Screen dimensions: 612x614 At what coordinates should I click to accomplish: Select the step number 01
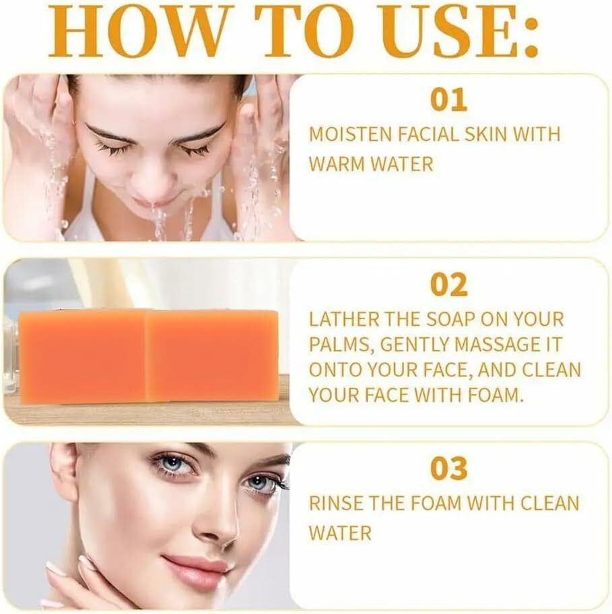pyautogui.click(x=448, y=100)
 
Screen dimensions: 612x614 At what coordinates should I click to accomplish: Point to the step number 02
pyautogui.click(x=448, y=285)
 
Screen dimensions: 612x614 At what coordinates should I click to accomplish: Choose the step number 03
pyautogui.click(x=448, y=469)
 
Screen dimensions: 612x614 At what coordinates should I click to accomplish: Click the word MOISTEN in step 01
pyautogui.click(x=350, y=135)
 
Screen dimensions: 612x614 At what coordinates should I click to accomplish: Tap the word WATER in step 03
pyautogui.click(x=340, y=533)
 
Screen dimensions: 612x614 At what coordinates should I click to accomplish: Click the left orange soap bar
pyautogui.click(x=82, y=356)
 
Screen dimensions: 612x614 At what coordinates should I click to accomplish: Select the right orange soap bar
pyautogui.click(x=212, y=355)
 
